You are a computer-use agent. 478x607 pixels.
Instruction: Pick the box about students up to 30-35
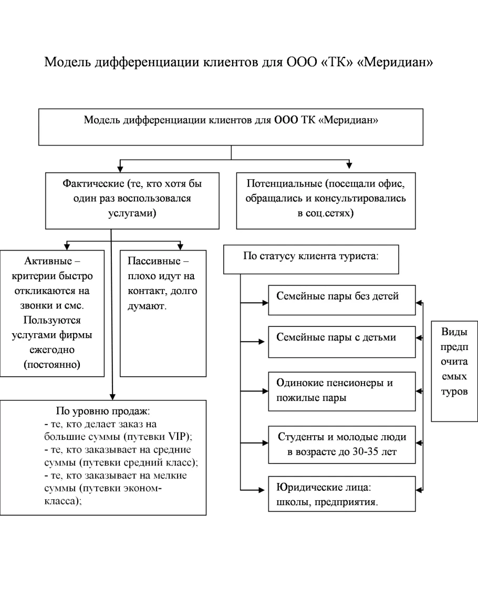(342, 445)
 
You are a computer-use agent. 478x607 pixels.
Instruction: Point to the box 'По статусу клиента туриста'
(311, 259)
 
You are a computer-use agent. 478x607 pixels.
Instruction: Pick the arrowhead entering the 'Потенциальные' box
(349, 166)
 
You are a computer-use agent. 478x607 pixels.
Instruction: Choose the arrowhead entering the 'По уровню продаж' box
(111, 397)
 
